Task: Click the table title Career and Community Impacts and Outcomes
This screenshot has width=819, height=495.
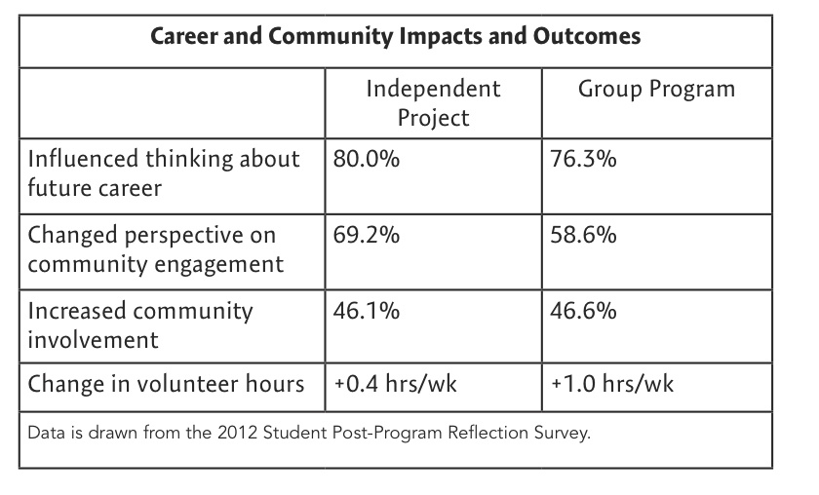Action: click(x=396, y=37)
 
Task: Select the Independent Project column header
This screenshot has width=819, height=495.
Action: click(x=433, y=103)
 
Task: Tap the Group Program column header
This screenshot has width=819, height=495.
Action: click(x=656, y=90)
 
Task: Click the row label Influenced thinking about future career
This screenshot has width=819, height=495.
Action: click(x=164, y=173)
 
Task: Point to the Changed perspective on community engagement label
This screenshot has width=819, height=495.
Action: click(x=156, y=249)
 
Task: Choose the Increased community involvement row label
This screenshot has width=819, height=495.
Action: click(x=140, y=324)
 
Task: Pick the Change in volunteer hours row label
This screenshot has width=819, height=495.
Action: click(x=166, y=384)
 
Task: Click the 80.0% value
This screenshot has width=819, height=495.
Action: click(x=367, y=159)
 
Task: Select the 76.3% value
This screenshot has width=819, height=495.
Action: click(x=583, y=159)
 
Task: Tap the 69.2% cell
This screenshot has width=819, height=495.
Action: click(x=367, y=235)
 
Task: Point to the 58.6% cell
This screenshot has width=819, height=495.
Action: click(x=583, y=235)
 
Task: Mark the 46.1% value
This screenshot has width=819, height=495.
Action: click(x=367, y=311)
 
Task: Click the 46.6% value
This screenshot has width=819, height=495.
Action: click(x=583, y=311)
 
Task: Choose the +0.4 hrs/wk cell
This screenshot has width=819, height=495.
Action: click(x=396, y=384)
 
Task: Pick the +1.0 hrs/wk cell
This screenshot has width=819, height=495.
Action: click(x=612, y=384)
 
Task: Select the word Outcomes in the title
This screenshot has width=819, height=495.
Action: click(x=587, y=37)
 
